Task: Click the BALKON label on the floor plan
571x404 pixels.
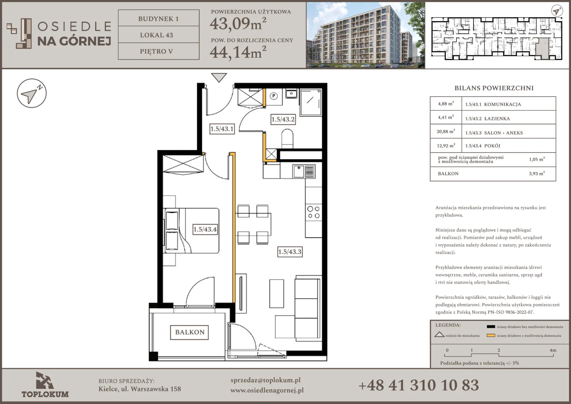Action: click(189, 332)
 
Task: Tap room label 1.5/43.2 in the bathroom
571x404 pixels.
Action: click(283, 119)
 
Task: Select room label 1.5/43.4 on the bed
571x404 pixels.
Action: click(205, 229)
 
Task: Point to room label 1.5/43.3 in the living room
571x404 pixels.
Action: click(290, 252)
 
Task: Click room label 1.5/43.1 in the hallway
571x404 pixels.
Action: click(222, 129)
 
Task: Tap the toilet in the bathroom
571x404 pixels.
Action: click(287, 139)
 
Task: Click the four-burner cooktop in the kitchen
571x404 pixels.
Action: click(314, 212)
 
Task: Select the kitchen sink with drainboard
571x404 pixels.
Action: click(304, 171)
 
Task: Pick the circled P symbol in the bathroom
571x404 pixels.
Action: click(274, 96)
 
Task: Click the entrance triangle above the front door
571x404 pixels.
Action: click(219, 77)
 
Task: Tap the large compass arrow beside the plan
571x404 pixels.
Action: click(32, 93)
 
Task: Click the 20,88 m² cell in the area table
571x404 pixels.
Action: click(445, 131)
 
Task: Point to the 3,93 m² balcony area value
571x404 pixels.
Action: click(537, 174)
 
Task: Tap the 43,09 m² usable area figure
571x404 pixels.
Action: click(238, 24)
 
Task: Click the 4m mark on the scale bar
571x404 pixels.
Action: click(553, 351)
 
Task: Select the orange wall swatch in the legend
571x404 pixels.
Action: click(491, 336)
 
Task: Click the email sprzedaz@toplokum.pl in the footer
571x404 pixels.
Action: click(265, 380)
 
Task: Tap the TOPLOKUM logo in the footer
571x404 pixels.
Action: click(45, 385)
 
